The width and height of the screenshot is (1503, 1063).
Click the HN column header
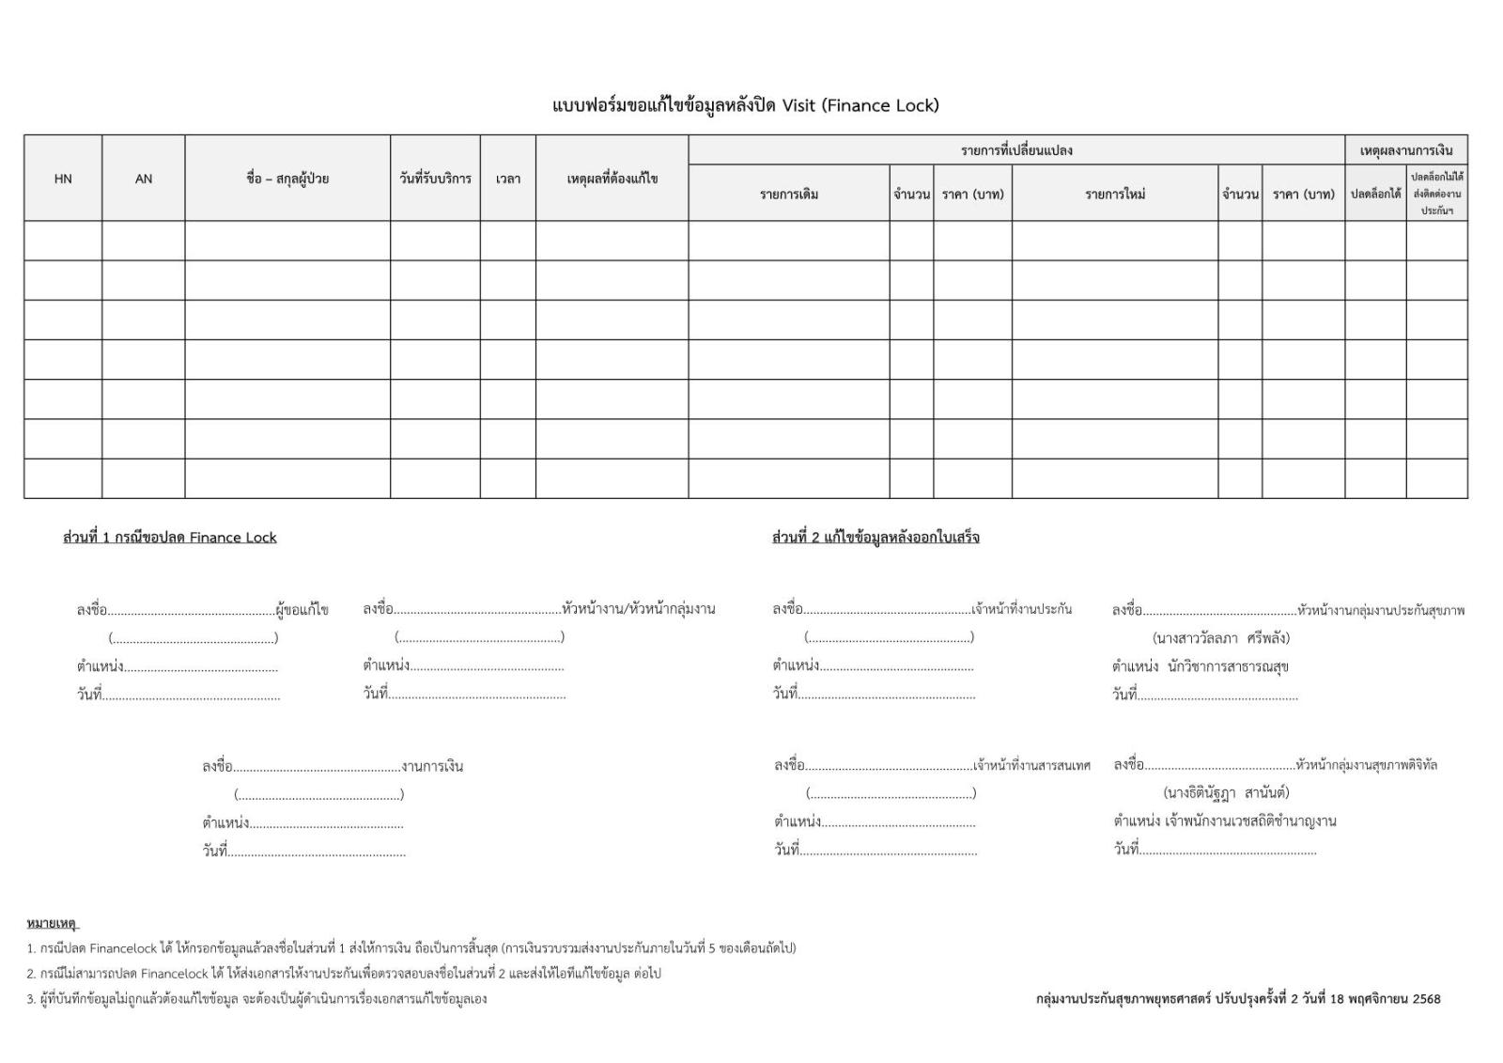63,179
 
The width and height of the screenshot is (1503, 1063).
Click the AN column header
144,179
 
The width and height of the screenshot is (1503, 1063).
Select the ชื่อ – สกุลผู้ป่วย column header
287,179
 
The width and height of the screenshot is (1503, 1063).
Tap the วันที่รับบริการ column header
435,179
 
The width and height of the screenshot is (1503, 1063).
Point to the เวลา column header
508,179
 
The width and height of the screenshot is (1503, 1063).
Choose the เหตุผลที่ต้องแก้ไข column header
612,179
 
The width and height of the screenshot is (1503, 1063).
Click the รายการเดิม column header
789,195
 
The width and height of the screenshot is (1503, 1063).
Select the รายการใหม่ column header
1115,195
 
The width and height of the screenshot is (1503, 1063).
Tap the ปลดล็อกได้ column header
1375,195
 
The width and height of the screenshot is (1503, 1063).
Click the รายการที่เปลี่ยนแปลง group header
1016,150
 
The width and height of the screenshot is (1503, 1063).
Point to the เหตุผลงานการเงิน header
1406,150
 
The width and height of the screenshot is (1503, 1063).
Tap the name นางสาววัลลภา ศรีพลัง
1221,638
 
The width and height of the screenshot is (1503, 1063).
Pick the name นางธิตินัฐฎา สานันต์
1226,792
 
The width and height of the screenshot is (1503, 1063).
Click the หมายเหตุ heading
52,924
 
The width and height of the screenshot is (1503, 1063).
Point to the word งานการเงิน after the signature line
432,766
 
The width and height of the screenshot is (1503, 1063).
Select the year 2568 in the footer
1425,999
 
